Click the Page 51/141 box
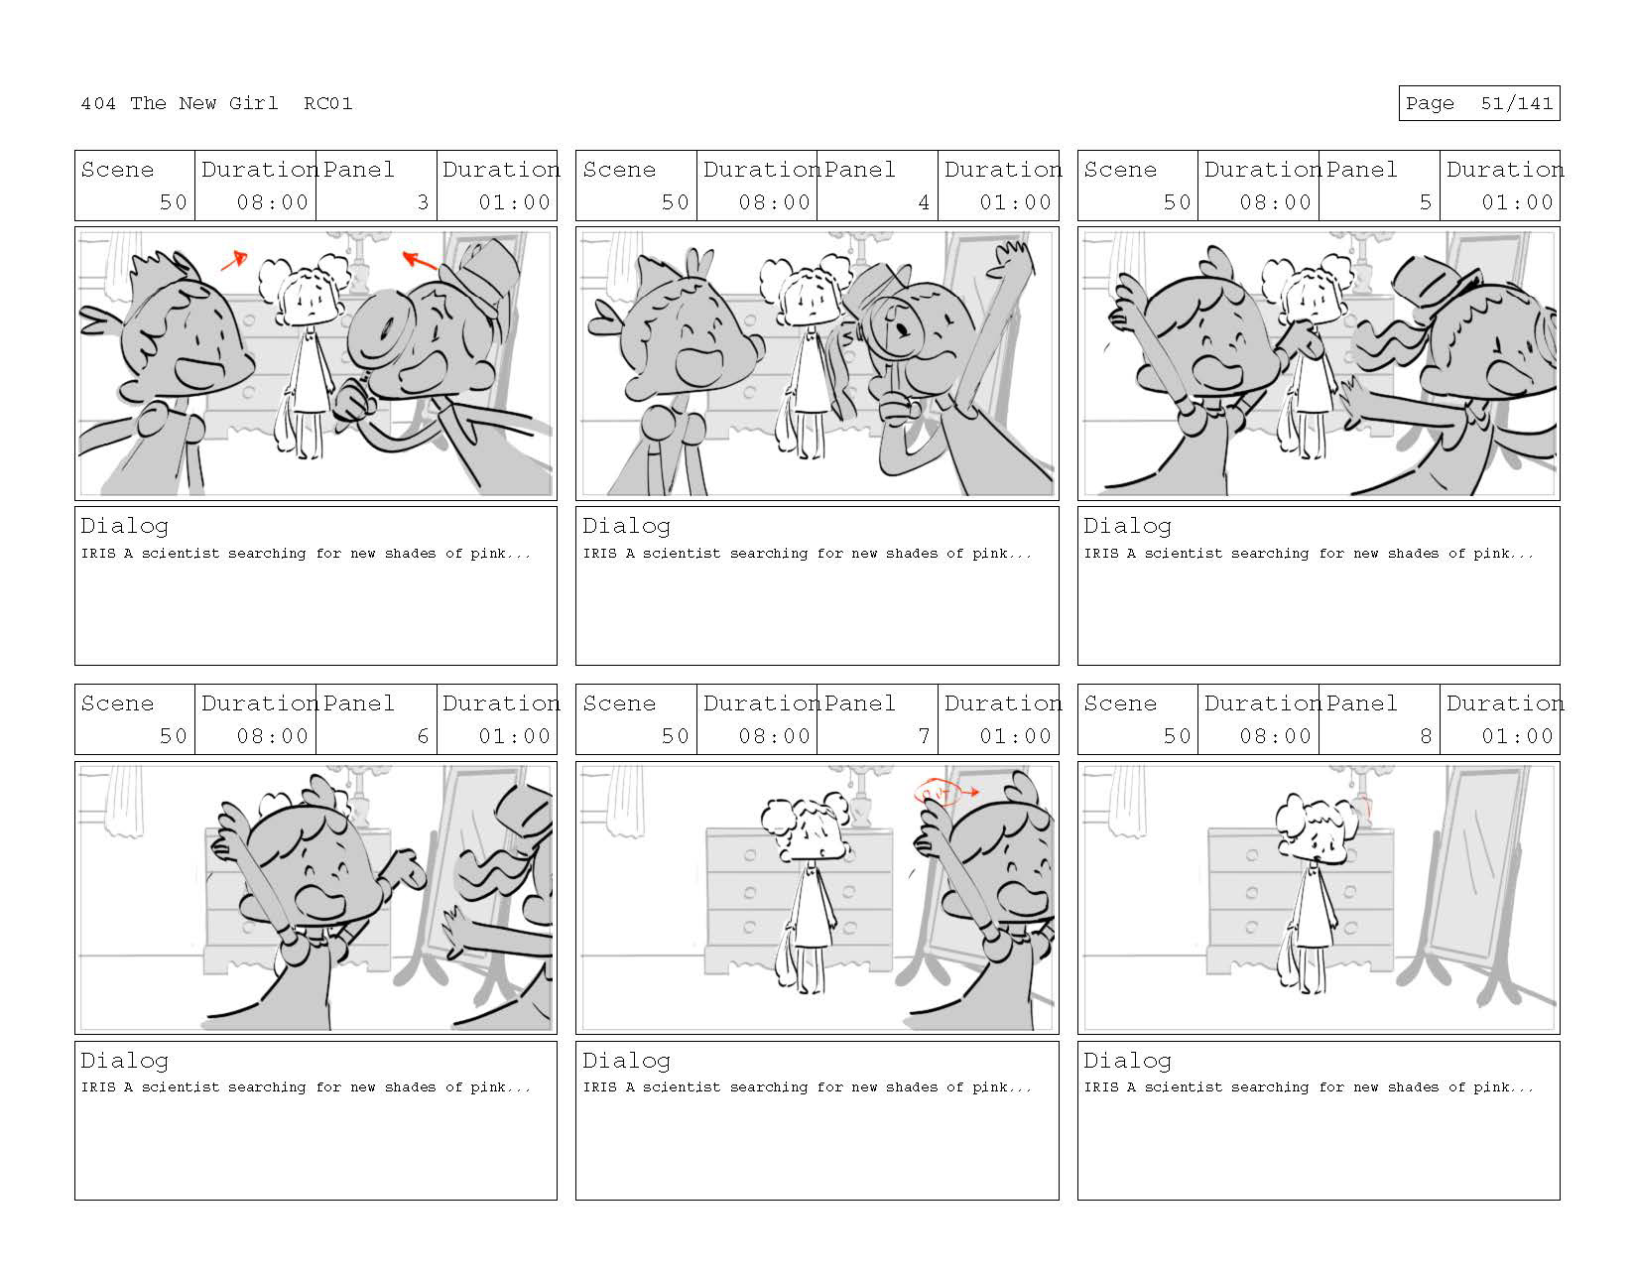[1478, 103]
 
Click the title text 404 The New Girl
[179, 103]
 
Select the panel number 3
[423, 201]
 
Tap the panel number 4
[924, 201]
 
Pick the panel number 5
[1425, 201]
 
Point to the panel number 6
[423, 735]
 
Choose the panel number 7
[924, 735]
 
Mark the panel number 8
[1425, 735]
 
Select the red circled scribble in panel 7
[937, 793]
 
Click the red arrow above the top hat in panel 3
[420, 261]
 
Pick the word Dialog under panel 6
[124, 1062]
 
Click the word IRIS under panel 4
[599, 554]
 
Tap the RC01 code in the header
[328, 103]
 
